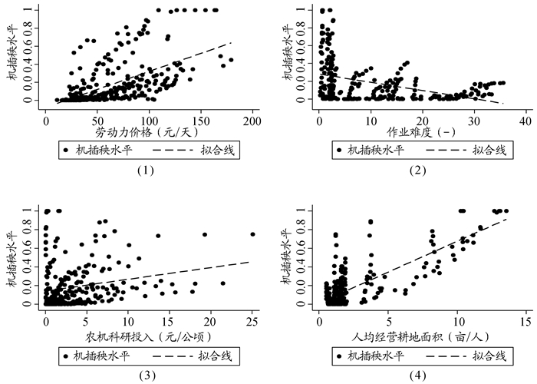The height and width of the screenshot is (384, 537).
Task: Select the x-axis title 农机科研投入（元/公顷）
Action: point(144,335)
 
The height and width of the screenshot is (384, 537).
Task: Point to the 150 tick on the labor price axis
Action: point(201,120)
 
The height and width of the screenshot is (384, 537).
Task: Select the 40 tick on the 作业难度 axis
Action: point(525,120)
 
